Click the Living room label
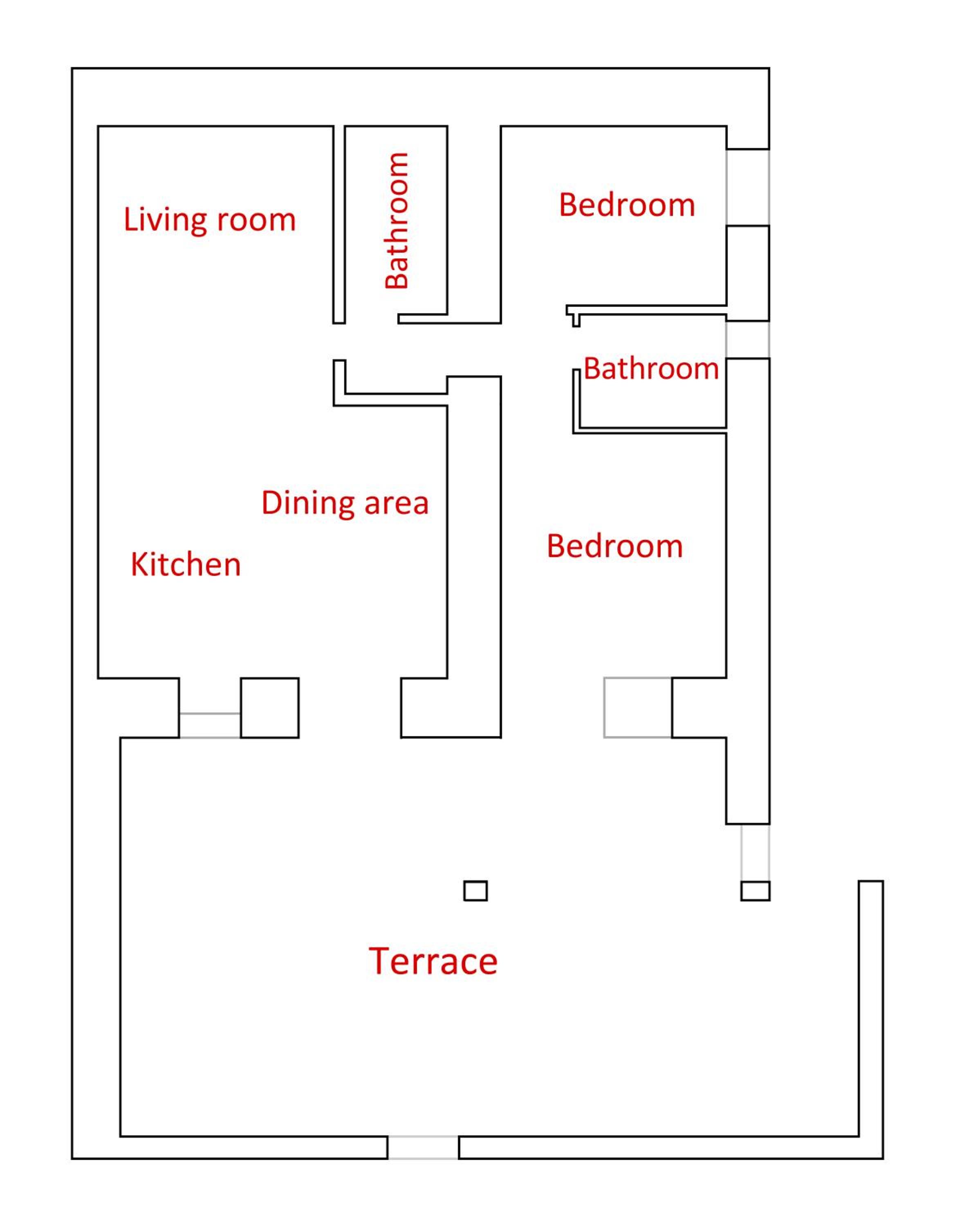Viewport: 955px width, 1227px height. click(x=209, y=220)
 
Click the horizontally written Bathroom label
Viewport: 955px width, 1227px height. click(x=651, y=369)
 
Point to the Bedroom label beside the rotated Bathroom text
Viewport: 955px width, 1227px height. click(x=627, y=204)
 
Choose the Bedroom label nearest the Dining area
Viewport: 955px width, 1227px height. click(x=615, y=546)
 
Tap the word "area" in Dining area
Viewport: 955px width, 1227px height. click(x=397, y=504)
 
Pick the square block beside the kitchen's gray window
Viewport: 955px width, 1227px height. click(x=269, y=708)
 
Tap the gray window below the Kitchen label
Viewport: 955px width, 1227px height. click(x=210, y=725)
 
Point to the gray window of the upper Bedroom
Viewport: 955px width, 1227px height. click(x=748, y=188)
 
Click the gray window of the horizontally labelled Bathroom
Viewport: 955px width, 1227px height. click(x=748, y=340)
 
